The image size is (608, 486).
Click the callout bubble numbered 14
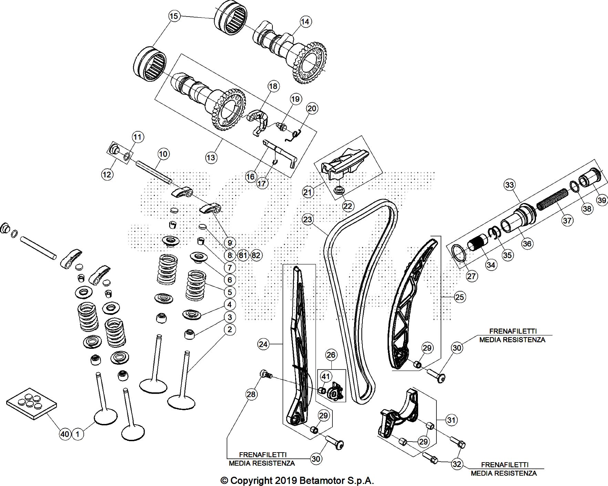(305, 21)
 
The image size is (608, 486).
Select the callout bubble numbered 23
(308, 219)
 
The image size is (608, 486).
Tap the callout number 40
(65, 434)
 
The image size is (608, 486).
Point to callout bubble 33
(509, 185)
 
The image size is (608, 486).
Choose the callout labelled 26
(331, 355)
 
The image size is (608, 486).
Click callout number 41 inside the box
(326, 377)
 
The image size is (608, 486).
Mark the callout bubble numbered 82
(256, 255)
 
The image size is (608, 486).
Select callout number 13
(211, 158)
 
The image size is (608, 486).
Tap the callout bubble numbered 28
(251, 394)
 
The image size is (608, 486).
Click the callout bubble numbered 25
(460, 297)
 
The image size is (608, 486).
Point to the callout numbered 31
(451, 420)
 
